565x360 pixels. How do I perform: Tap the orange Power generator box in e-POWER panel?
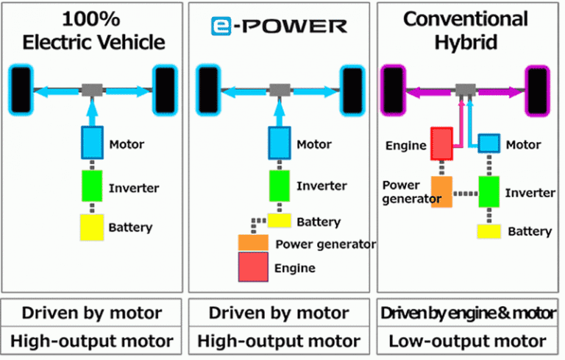pyautogui.click(x=254, y=242)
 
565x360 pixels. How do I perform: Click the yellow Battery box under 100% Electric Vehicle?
pyautogui.click(x=92, y=227)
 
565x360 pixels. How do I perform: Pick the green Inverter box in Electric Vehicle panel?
pyautogui.click(x=92, y=188)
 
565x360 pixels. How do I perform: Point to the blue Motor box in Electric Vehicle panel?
pyautogui.click(x=92, y=143)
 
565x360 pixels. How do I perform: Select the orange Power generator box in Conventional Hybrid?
pyautogui.click(x=441, y=191)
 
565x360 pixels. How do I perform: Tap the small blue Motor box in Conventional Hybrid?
pyautogui.click(x=489, y=143)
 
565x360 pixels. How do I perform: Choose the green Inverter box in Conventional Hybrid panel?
pyautogui.click(x=489, y=191)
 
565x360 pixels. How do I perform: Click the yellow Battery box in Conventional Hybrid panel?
pyautogui.click(x=489, y=231)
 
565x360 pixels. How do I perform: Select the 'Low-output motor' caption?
pyautogui.click(x=467, y=342)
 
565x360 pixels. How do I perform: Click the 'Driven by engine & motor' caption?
pyautogui.click(x=467, y=313)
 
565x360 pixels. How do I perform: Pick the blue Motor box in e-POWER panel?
pyautogui.click(x=280, y=141)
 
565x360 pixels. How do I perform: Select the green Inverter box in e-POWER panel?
pyautogui.click(x=280, y=185)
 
